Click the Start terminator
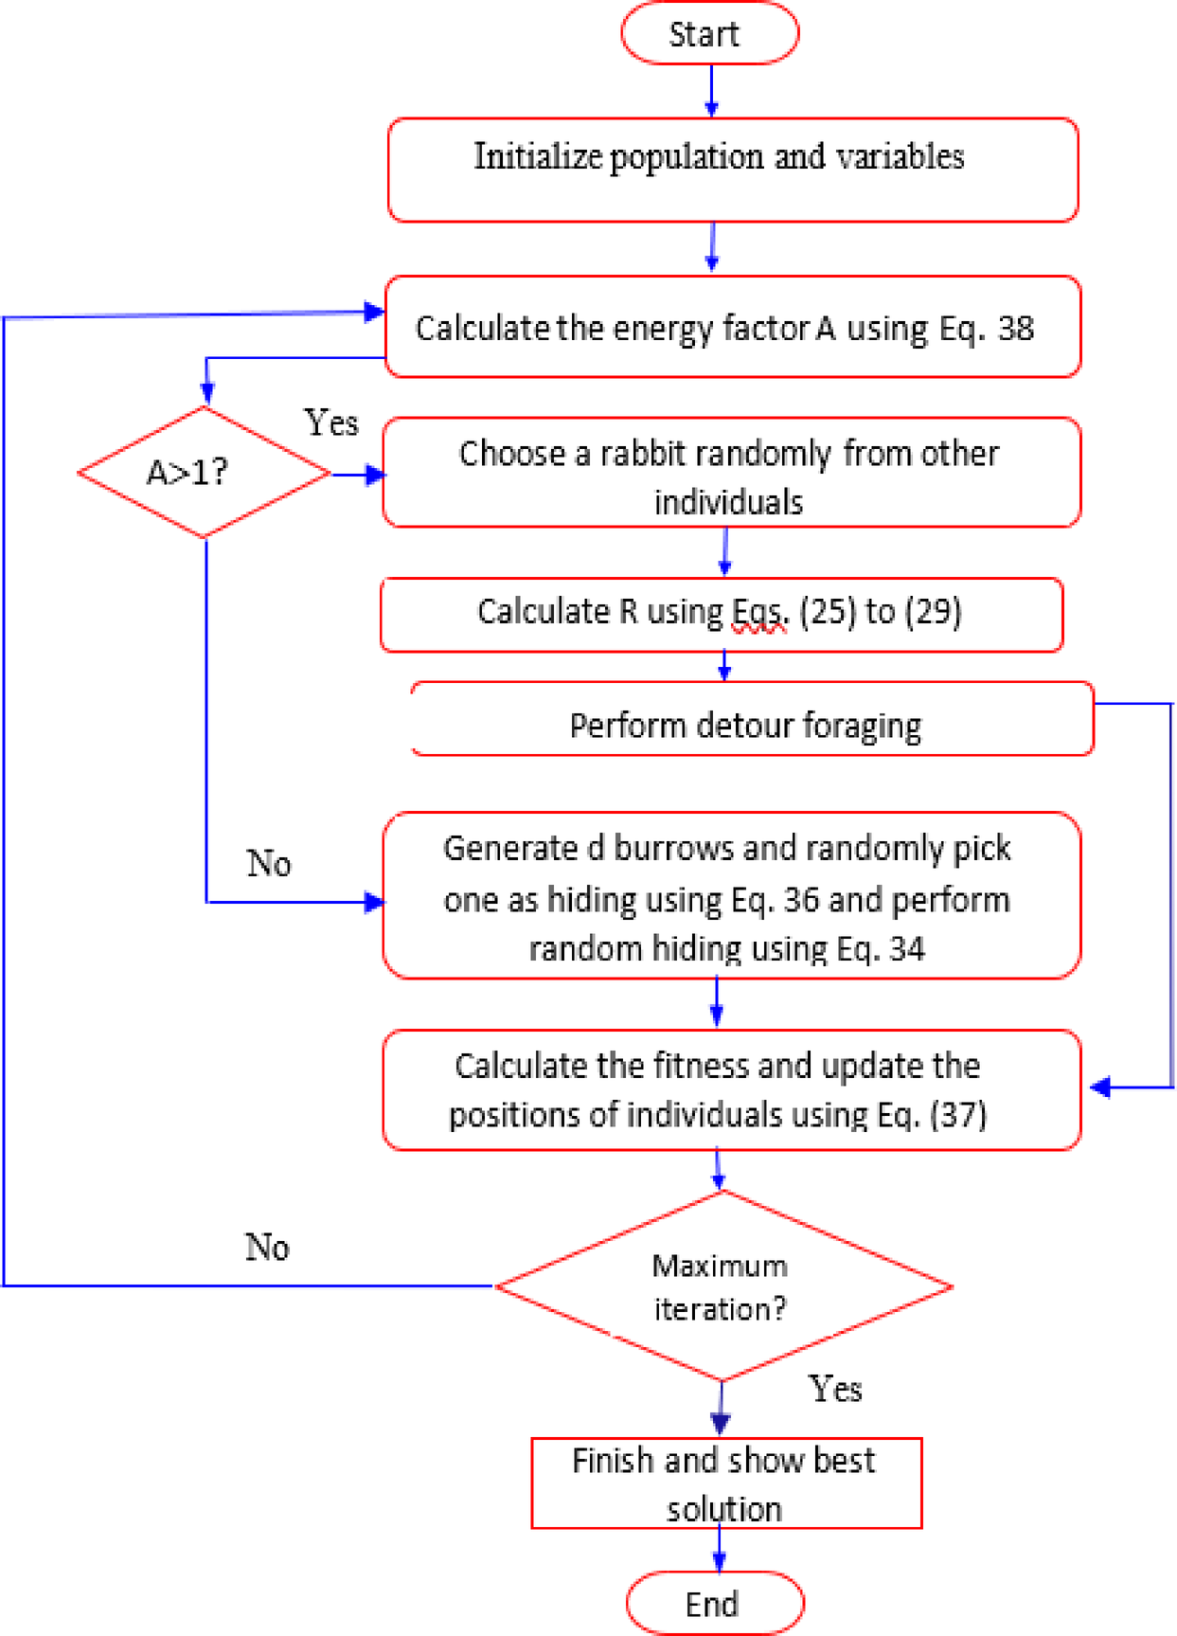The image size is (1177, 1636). (709, 34)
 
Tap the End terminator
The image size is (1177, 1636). (714, 1603)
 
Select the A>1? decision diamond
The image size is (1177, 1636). (204, 472)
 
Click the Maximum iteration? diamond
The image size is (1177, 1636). (722, 1286)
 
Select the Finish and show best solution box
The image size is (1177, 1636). (725, 1483)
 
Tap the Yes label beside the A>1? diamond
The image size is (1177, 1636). (330, 422)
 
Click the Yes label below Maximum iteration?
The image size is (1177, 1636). (835, 1389)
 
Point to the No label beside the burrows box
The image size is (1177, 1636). (269, 863)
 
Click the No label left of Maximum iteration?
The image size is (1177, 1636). (267, 1247)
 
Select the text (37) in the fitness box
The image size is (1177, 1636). (958, 1114)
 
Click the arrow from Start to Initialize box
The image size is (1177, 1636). (711, 91)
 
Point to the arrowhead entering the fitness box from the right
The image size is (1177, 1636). (1100, 1088)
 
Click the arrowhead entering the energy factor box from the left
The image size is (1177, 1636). (374, 312)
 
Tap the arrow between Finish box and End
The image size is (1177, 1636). (719, 1550)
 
